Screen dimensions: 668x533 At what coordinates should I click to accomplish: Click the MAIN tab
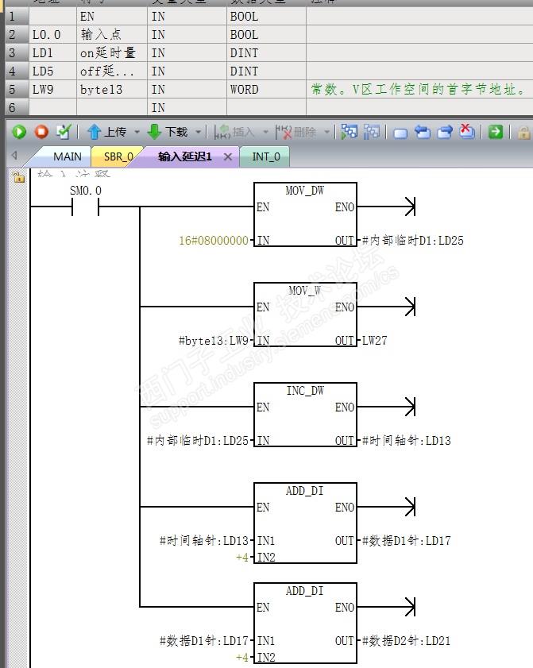[x=67, y=156]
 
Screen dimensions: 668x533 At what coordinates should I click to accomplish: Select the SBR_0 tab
[x=118, y=156]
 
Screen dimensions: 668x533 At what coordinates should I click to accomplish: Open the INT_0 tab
[x=265, y=156]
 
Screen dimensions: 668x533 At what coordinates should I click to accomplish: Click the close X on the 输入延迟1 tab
[x=228, y=156]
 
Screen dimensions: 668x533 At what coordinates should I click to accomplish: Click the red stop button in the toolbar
[x=41, y=132]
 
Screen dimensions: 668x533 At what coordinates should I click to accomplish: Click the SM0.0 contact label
[x=86, y=191]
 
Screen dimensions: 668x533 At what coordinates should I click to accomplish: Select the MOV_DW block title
[x=305, y=191]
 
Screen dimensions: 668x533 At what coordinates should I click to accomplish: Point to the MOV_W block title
[x=305, y=291]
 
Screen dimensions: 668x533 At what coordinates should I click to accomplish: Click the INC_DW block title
[x=305, y=391]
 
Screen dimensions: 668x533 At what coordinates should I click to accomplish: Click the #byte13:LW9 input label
[x=214, y=340]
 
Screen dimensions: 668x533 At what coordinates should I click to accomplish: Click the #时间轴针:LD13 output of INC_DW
[x=406, y=440]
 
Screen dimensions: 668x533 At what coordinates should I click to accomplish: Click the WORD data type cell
[x=245, y=90]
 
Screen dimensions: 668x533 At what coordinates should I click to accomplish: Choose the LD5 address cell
[x=41, y=71]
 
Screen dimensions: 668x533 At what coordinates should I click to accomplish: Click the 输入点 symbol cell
[x=97, y=35]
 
